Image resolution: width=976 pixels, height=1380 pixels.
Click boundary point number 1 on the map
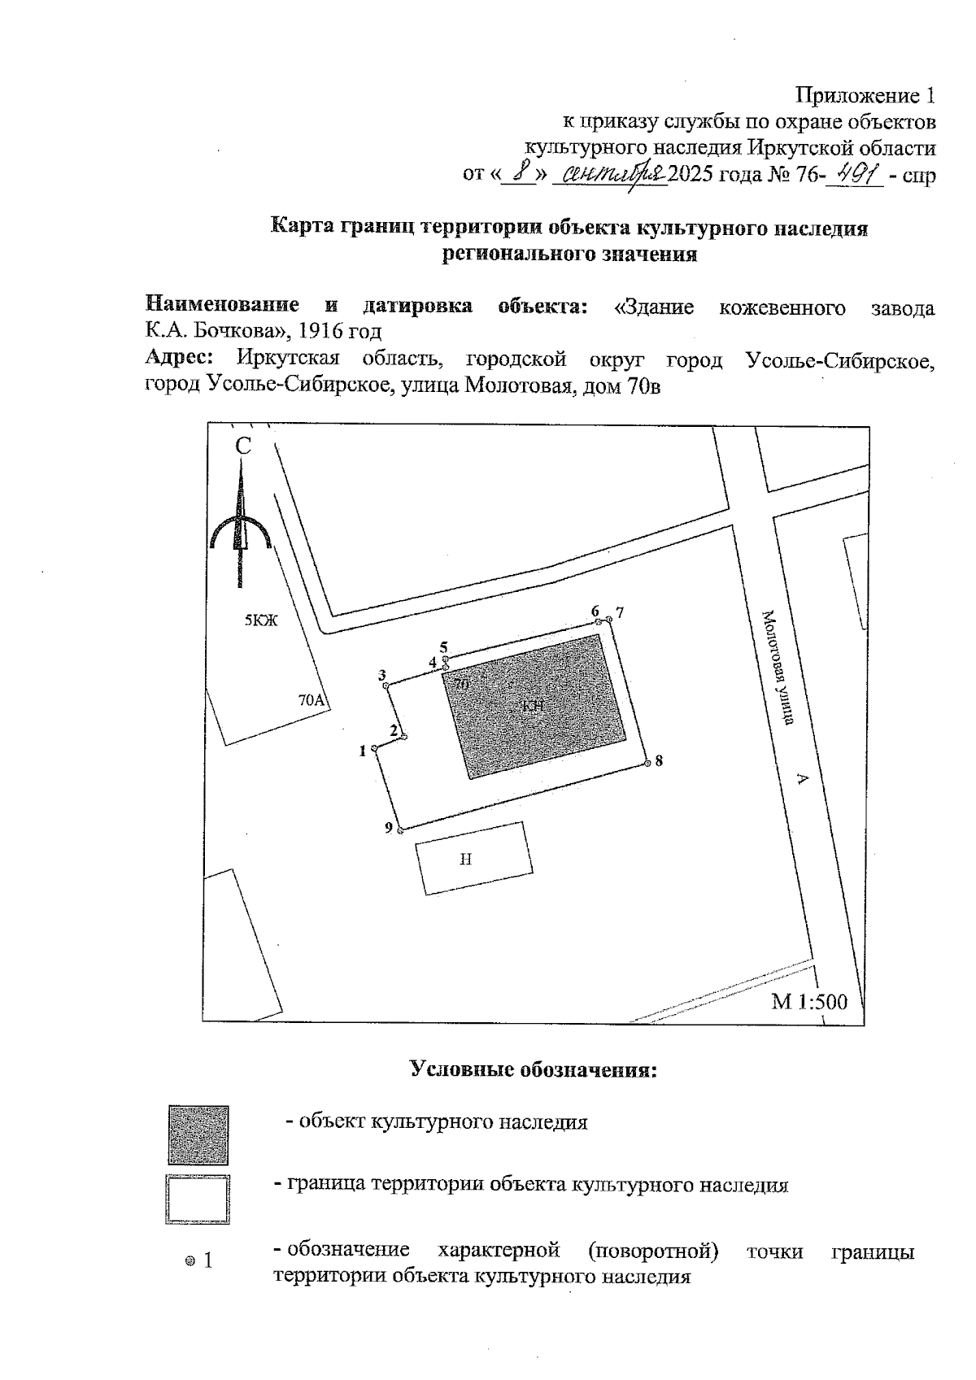(x=373, y=748)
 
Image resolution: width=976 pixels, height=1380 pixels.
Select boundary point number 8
(x=647, y=763)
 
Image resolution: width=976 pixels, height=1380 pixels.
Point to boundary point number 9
(x=400, y=829)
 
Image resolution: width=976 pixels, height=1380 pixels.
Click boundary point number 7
(x=609, y=619)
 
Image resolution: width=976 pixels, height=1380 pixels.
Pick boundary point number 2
(x=403, y=737)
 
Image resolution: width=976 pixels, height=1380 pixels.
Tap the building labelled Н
(x=474, y=859)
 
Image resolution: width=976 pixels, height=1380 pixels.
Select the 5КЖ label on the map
(x=261, y=621)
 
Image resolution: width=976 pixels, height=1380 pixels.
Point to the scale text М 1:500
(x=808, y=1001)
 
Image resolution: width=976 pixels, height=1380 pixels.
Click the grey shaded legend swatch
(x=198, y=1134)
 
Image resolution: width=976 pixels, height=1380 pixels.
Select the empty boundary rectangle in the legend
(x=198, y=1199)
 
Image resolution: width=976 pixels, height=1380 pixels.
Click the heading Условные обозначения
(x=533, y=1069)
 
